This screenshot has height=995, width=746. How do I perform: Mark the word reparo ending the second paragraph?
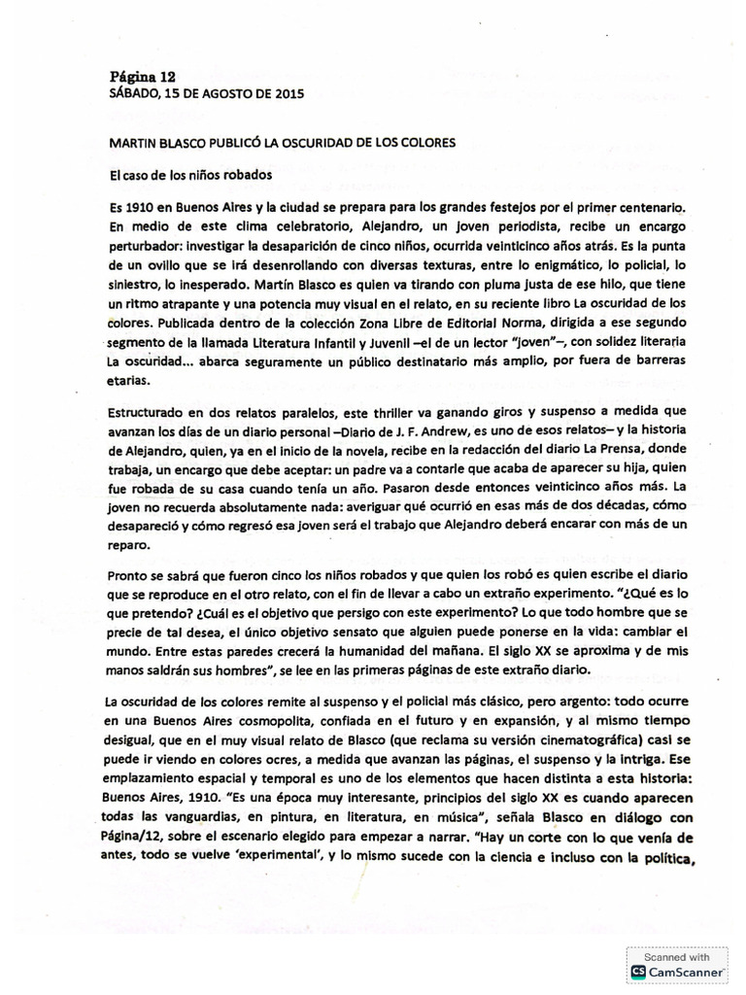click(132, 541)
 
